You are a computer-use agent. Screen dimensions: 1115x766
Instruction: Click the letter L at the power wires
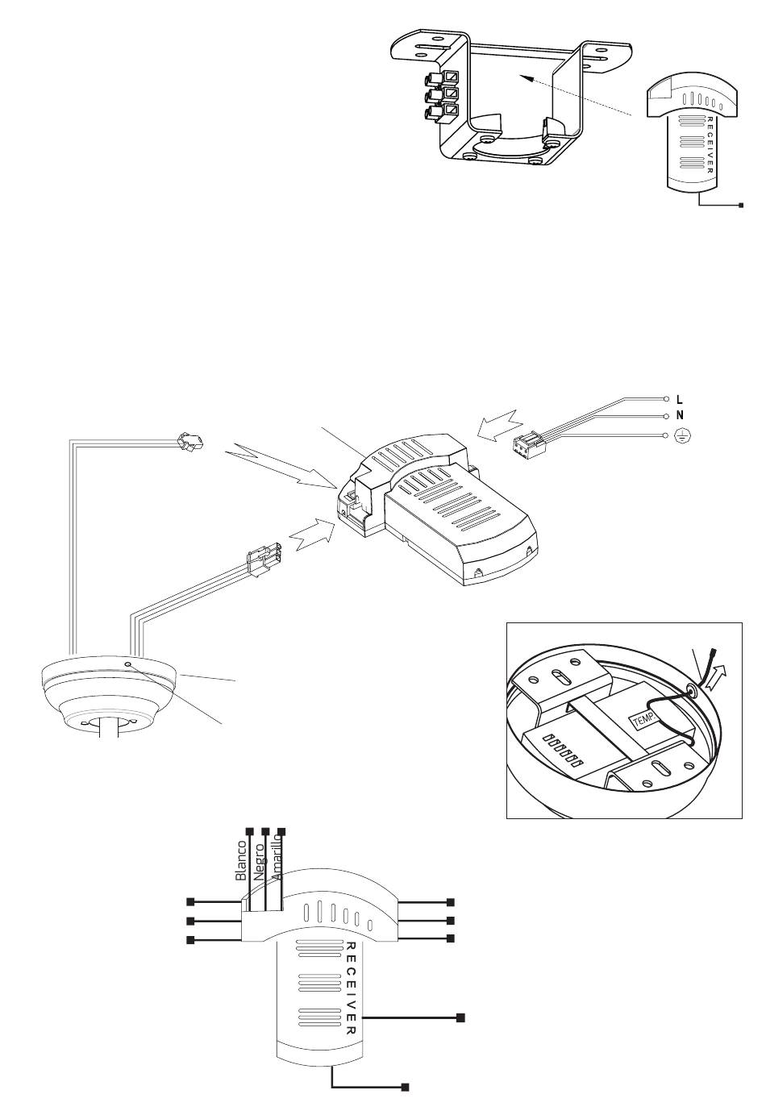point(679,399)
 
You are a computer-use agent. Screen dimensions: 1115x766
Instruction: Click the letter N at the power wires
point(679,416)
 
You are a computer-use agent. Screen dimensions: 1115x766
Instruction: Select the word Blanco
point(239,860)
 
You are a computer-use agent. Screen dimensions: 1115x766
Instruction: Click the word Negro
point(258,864)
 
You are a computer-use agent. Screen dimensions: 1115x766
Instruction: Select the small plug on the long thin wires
point(189,441)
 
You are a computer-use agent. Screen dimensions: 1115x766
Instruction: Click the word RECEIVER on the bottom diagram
point(351,988)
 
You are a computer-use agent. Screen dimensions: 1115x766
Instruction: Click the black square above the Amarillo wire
point(281,830)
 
